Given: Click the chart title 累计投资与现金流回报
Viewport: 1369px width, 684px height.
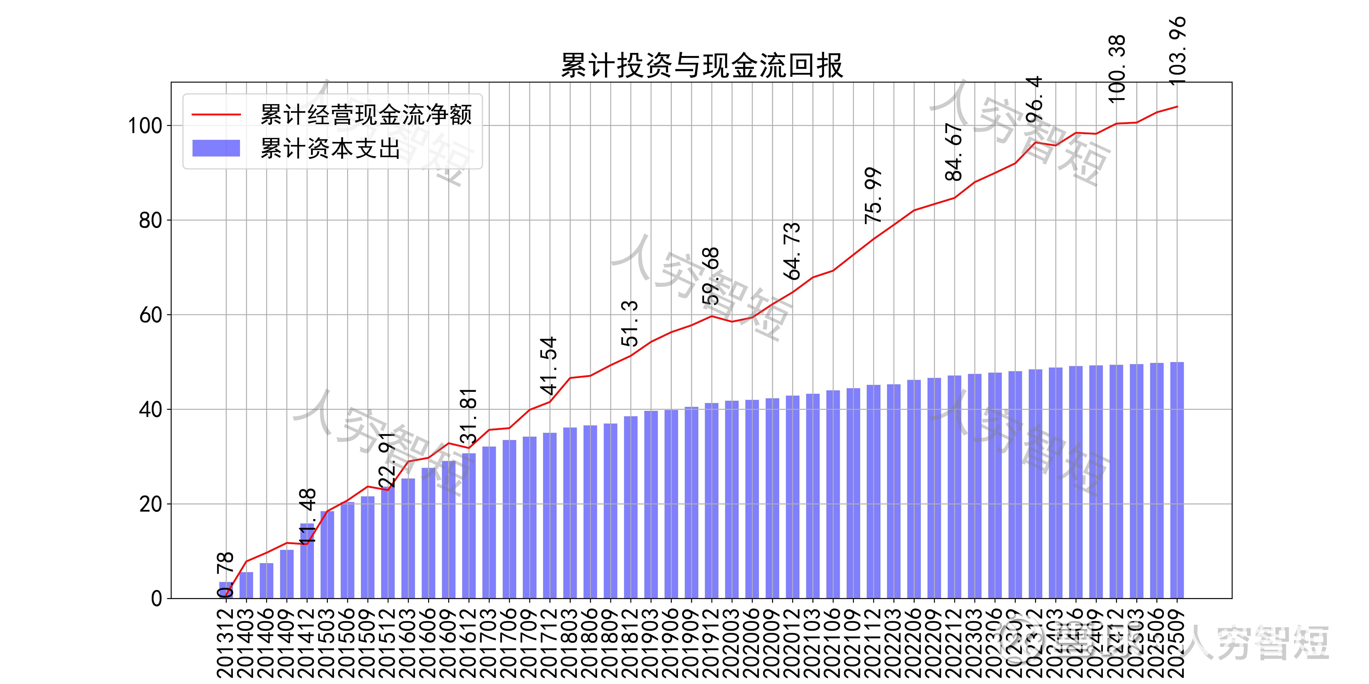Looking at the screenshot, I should pos(701,66).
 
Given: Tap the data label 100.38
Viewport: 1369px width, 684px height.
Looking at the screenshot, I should pos(1117,69).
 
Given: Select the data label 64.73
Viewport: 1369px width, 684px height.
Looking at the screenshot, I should pos(792,251).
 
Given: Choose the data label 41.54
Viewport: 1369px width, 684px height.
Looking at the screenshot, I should pos(548,365).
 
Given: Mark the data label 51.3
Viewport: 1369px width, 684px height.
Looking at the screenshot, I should pos(630,323).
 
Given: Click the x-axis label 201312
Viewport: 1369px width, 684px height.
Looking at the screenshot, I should pos(226,643).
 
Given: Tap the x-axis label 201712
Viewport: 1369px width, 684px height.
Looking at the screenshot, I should pos(549,643).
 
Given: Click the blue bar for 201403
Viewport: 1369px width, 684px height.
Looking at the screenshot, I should pos(246,585).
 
